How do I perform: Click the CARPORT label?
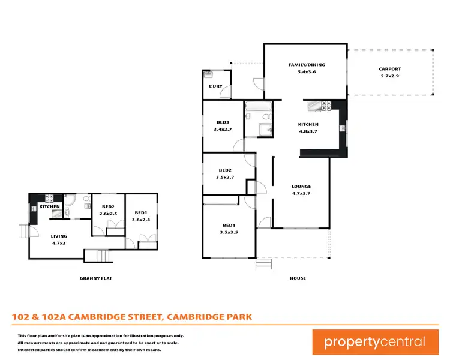click(x=389, y=68)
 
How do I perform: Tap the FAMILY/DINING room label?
click(x=306, y=64)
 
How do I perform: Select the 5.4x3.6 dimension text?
click(x=306, y=72)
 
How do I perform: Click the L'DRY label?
click(x=215, y=86)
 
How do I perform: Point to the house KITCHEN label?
click(x=308, y=124)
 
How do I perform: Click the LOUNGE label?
click(x=301, y=186)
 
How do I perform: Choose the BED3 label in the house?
click(x=223, y=121)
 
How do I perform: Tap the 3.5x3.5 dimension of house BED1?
click(x=229, y=232)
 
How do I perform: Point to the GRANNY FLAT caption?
click(x=96, y=278)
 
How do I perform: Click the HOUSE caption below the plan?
click(x=298, y=278)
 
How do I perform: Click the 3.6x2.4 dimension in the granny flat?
click(x=141, y=219)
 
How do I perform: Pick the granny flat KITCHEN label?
click(x=49, y=207)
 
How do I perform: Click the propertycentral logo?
click(x=375, y=342)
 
